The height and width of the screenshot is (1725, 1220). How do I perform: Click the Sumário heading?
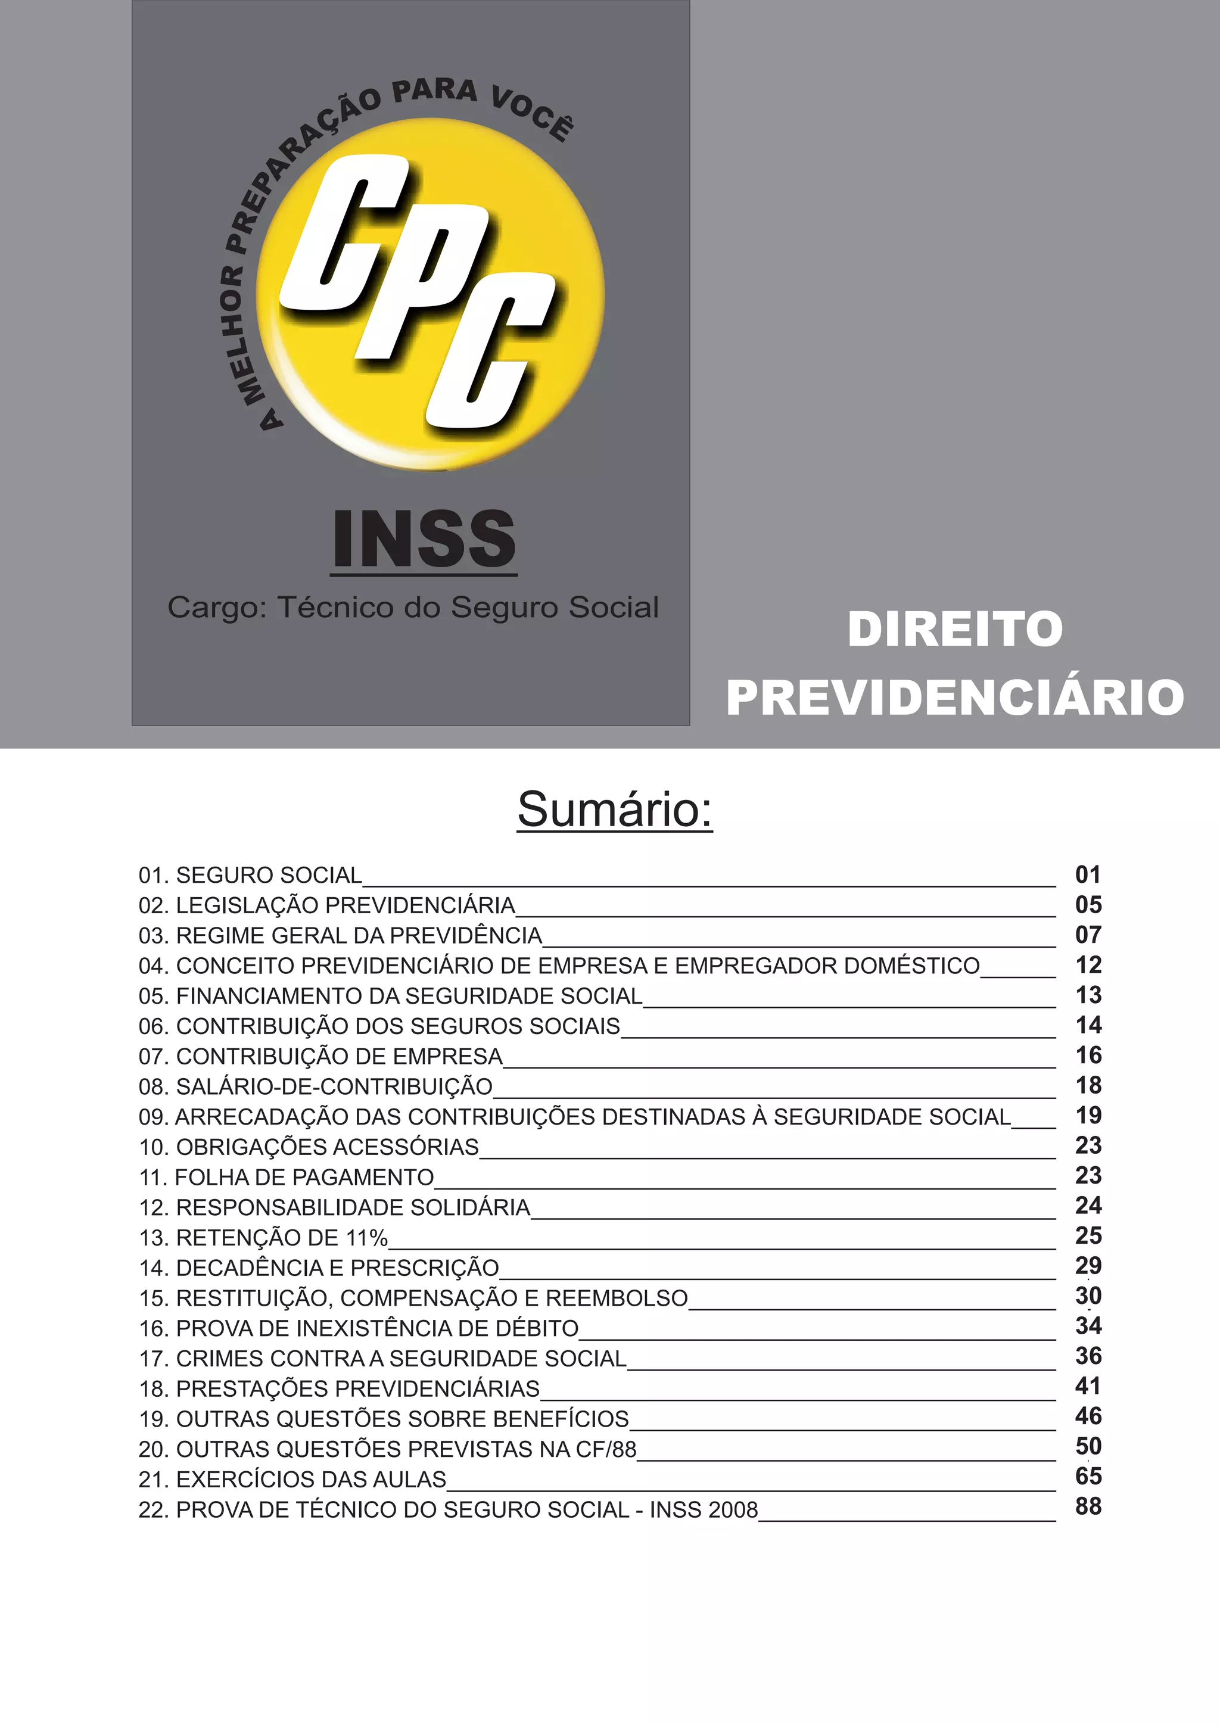tap(615, 810)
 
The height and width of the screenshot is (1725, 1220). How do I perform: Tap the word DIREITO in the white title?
tap(955, 629)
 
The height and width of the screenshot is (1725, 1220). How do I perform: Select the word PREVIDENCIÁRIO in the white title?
tap(955, 698)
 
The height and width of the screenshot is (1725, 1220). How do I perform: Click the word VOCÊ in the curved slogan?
tap(533, 113)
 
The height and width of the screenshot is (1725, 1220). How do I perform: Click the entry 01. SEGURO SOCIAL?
tap(250, 875)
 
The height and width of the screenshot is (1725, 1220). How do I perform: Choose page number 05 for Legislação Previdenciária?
tap(1088, 905)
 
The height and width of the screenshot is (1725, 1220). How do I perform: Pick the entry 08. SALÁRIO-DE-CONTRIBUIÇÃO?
tap(316, 1086)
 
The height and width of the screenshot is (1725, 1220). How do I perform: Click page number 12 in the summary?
tap(1088, 965)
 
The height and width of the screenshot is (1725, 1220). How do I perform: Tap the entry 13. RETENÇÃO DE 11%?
tap(263, 1237)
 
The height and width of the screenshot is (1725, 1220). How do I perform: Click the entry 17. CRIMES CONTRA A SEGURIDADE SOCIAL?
tap(382, 1358)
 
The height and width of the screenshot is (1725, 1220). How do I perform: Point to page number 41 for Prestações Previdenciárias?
tap(1088, 1386)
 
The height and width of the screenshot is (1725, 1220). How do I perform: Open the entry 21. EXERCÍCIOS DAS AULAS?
tap(292, 1480)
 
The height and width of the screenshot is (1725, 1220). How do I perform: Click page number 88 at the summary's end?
tap(1088, 1506)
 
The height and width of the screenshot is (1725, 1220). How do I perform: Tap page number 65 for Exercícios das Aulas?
tap(1088, 1477)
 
